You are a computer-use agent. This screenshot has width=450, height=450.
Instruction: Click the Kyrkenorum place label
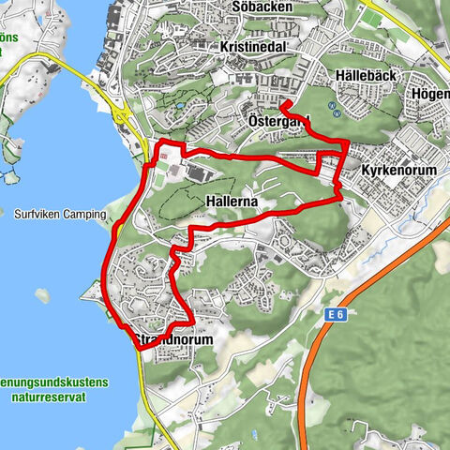pos(397,172)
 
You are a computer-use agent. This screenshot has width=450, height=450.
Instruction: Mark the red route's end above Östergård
pos(282,104)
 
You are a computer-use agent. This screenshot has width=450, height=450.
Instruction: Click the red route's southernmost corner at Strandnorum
pos(142,349)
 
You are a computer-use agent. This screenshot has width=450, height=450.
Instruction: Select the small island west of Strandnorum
pos(43,295)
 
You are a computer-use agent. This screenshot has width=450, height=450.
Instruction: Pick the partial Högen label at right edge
pos(430,95)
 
